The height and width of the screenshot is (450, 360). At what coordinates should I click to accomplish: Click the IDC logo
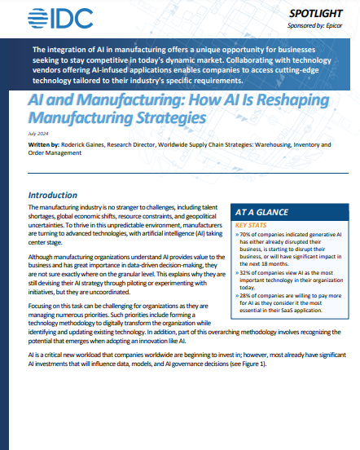coord(58,19)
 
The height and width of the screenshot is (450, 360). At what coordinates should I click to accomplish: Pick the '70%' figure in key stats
coord(248,235)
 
